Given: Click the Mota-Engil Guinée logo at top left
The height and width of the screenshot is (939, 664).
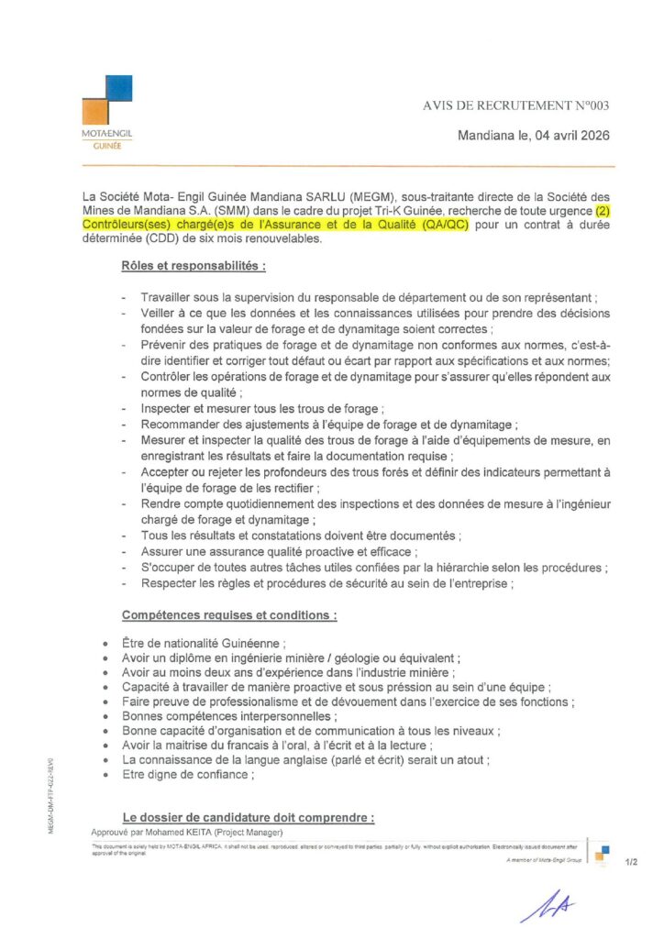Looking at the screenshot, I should point(106,111).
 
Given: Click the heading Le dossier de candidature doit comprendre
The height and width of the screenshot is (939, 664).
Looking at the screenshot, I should point(249,817).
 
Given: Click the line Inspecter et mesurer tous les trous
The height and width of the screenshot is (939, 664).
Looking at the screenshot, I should point(260,408).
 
